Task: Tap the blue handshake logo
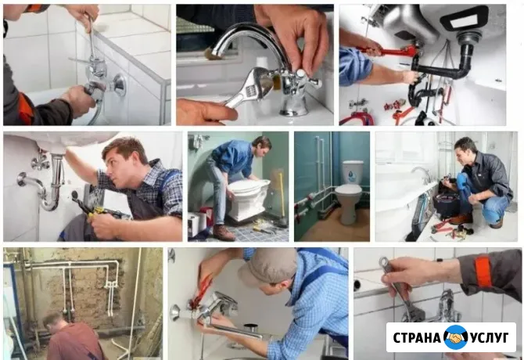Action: click(x=456, y=337)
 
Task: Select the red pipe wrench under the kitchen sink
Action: click(x=387, y=52)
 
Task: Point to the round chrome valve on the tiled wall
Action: click(x=117, y=85)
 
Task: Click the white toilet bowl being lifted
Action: click(x=249, y=197)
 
